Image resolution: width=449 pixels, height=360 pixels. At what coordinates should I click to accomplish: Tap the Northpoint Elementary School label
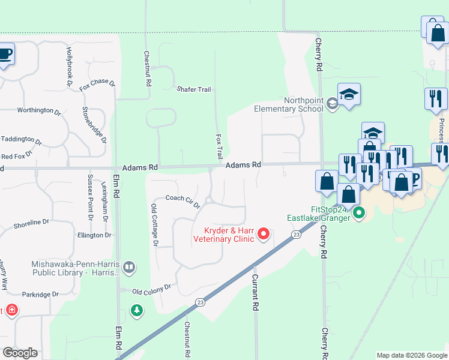click(289, 105)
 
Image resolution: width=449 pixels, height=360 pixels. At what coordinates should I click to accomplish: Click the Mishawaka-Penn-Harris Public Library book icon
click(128, 266)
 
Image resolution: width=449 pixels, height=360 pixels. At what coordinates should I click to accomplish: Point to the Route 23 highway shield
click(296, 235)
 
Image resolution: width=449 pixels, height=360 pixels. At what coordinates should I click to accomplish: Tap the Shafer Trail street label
click(193, 89)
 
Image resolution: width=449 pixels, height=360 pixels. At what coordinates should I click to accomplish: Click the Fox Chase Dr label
click(97, 84)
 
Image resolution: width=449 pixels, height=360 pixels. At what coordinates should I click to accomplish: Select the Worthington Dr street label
click(39, 110)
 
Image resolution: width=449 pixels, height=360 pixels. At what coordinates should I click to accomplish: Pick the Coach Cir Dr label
click(182, 201)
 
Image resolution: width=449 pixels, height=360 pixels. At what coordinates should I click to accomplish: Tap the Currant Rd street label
click(255, 292)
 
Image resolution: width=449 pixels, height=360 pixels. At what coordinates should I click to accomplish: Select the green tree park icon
click(137, 311)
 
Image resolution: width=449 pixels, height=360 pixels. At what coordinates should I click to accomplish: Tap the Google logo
click(20, 353)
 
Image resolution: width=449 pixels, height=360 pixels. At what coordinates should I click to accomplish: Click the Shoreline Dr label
click(31, 223)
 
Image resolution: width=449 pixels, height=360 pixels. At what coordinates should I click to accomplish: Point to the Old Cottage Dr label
click(154, 225)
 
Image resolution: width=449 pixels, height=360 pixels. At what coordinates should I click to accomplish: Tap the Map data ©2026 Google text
click(412, 355)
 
